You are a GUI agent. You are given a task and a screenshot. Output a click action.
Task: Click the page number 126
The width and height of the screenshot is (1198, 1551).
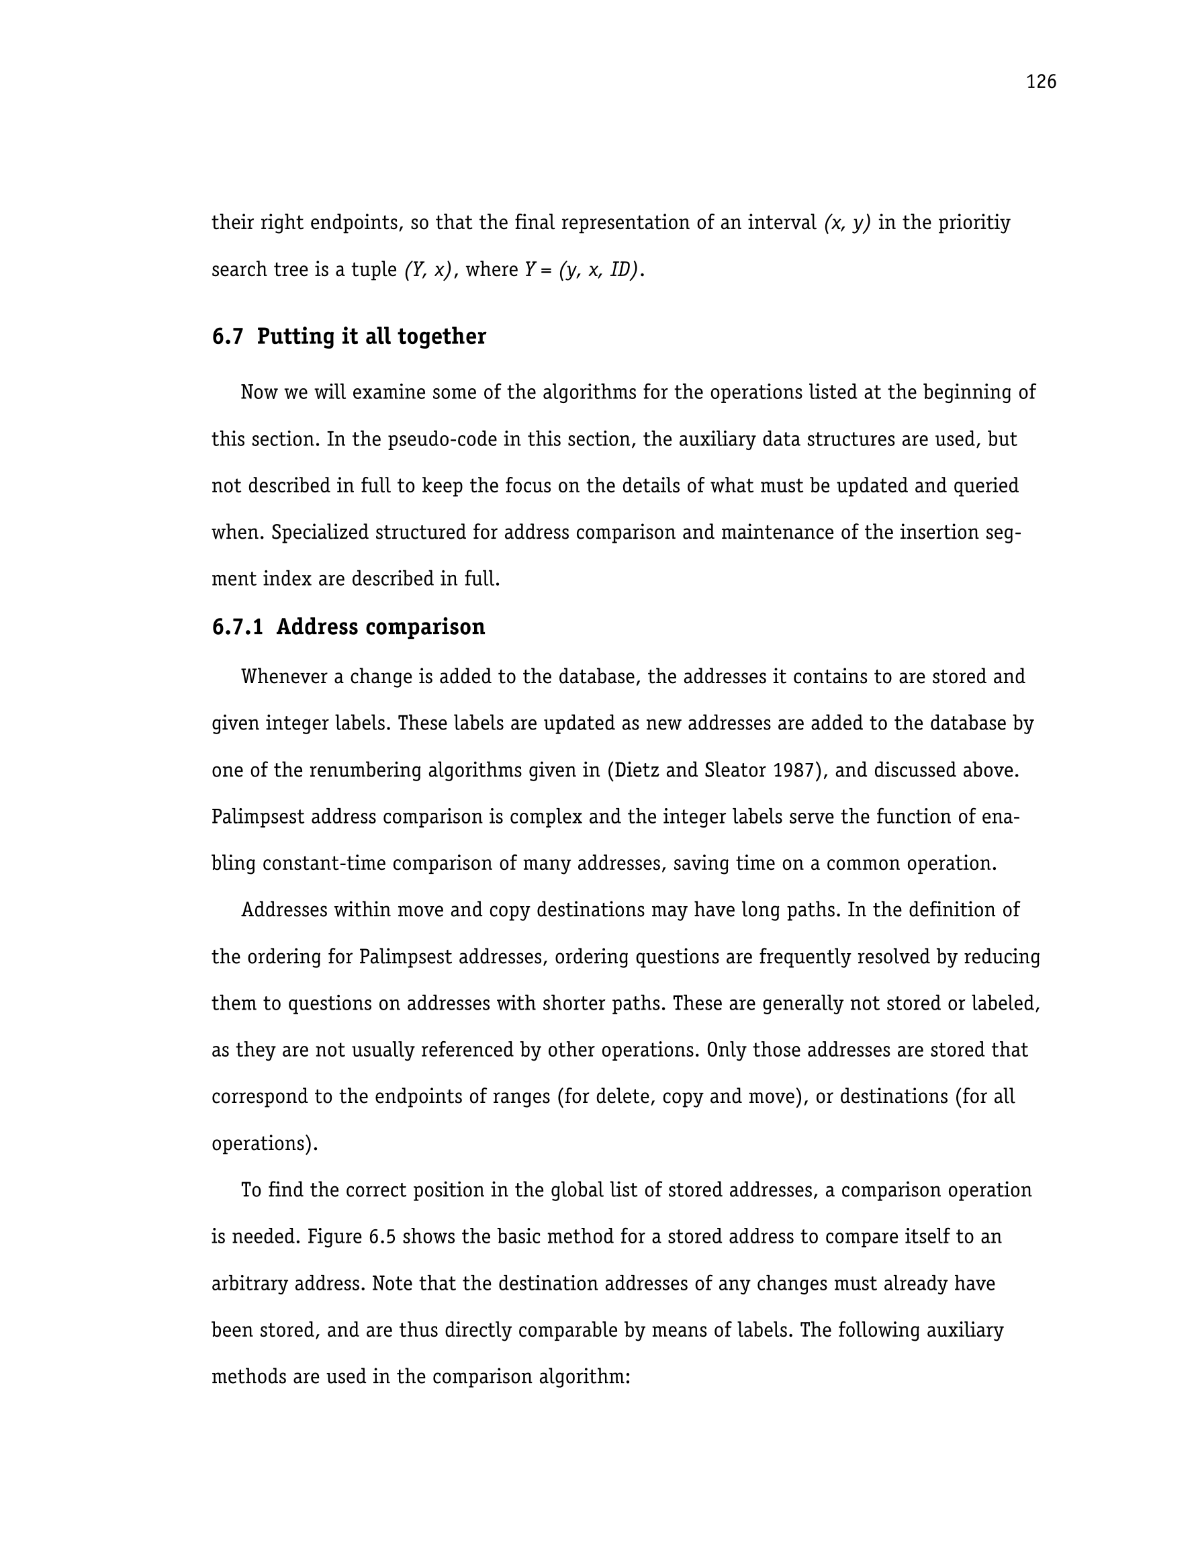point(1040,83)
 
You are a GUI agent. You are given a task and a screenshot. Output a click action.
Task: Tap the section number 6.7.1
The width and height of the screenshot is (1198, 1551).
point(237,627)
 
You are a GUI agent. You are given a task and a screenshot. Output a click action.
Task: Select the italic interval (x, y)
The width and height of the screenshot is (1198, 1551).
point(847,223)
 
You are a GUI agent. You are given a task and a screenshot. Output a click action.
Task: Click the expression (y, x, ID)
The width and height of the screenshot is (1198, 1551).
point(598,270)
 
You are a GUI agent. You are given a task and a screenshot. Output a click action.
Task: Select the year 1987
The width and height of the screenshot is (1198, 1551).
point(789,770)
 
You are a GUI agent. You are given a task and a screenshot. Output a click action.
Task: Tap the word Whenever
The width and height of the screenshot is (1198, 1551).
point(284,677)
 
